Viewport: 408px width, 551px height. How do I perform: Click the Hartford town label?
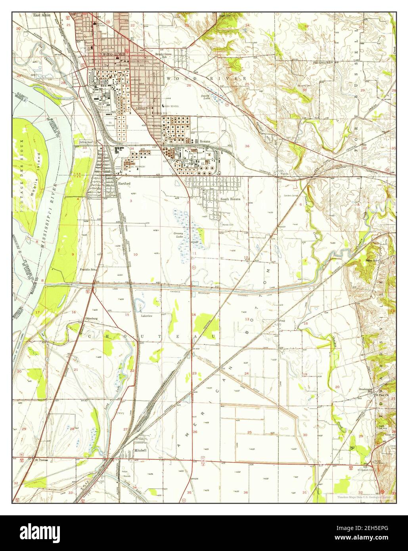[124, 184]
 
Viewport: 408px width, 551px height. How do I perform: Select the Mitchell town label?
[140, 451]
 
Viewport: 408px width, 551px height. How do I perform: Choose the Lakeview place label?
[147, 316]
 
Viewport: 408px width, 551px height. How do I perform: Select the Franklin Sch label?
[88, 270]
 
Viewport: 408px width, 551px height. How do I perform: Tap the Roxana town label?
[205, 141]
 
